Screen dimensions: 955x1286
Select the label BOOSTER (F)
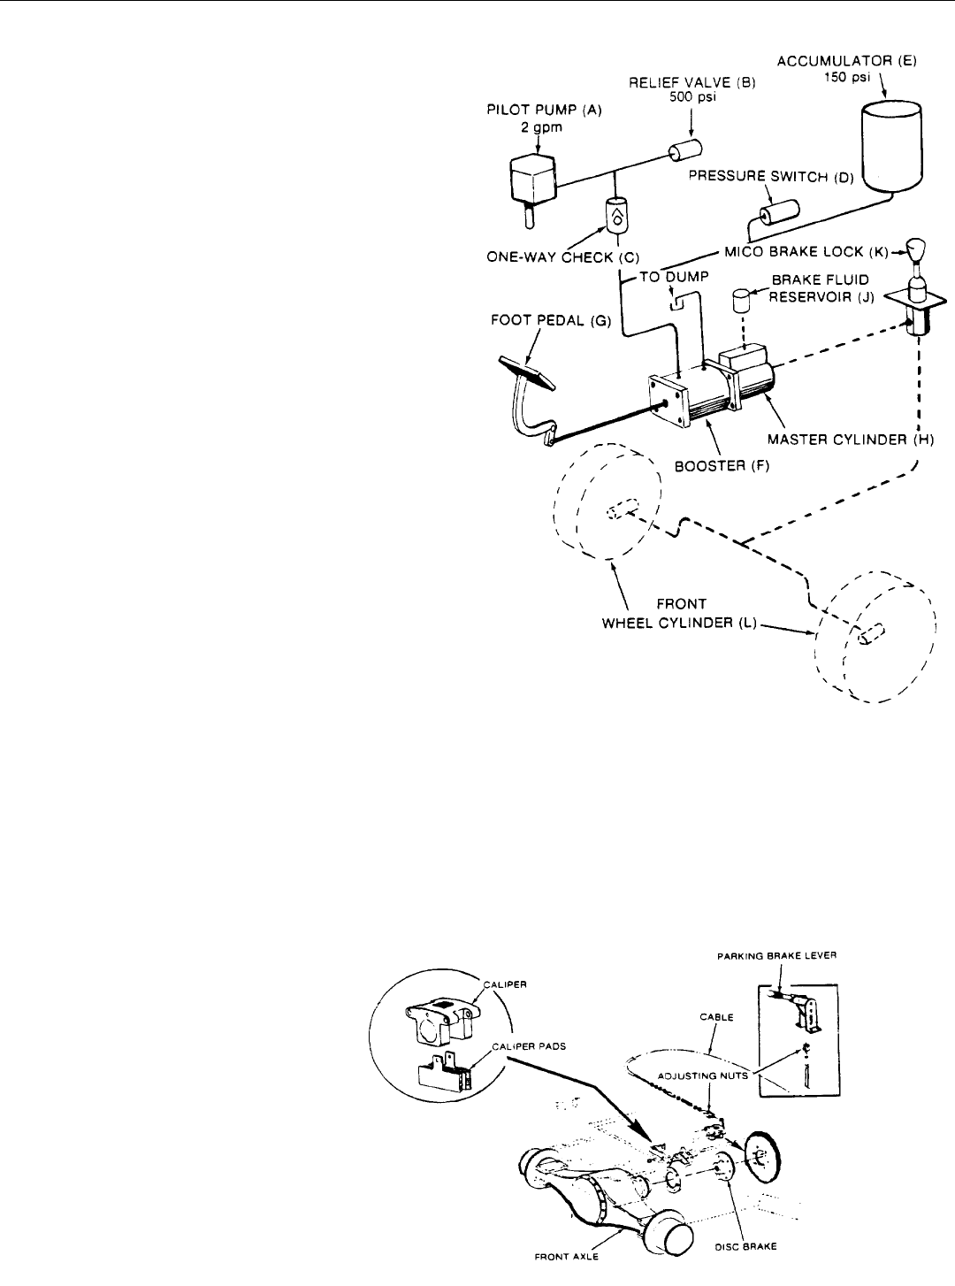click(x=722, y=466)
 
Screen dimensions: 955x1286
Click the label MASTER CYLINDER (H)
click(x=851, y=440)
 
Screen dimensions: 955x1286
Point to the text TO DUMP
click(x=675, y=277)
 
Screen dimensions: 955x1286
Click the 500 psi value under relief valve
click(x=692, y=96)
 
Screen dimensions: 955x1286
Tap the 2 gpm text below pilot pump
click(x=541, y=127)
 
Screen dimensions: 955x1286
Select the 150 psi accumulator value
click(x=847, y=77)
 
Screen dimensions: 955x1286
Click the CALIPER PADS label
click(x=529, y=1046)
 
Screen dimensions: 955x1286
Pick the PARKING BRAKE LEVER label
click(x=777, y=955)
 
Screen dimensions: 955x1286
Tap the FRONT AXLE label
click(x=566, y=1257)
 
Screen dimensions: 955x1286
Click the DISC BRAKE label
click(x=745, y=1246)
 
